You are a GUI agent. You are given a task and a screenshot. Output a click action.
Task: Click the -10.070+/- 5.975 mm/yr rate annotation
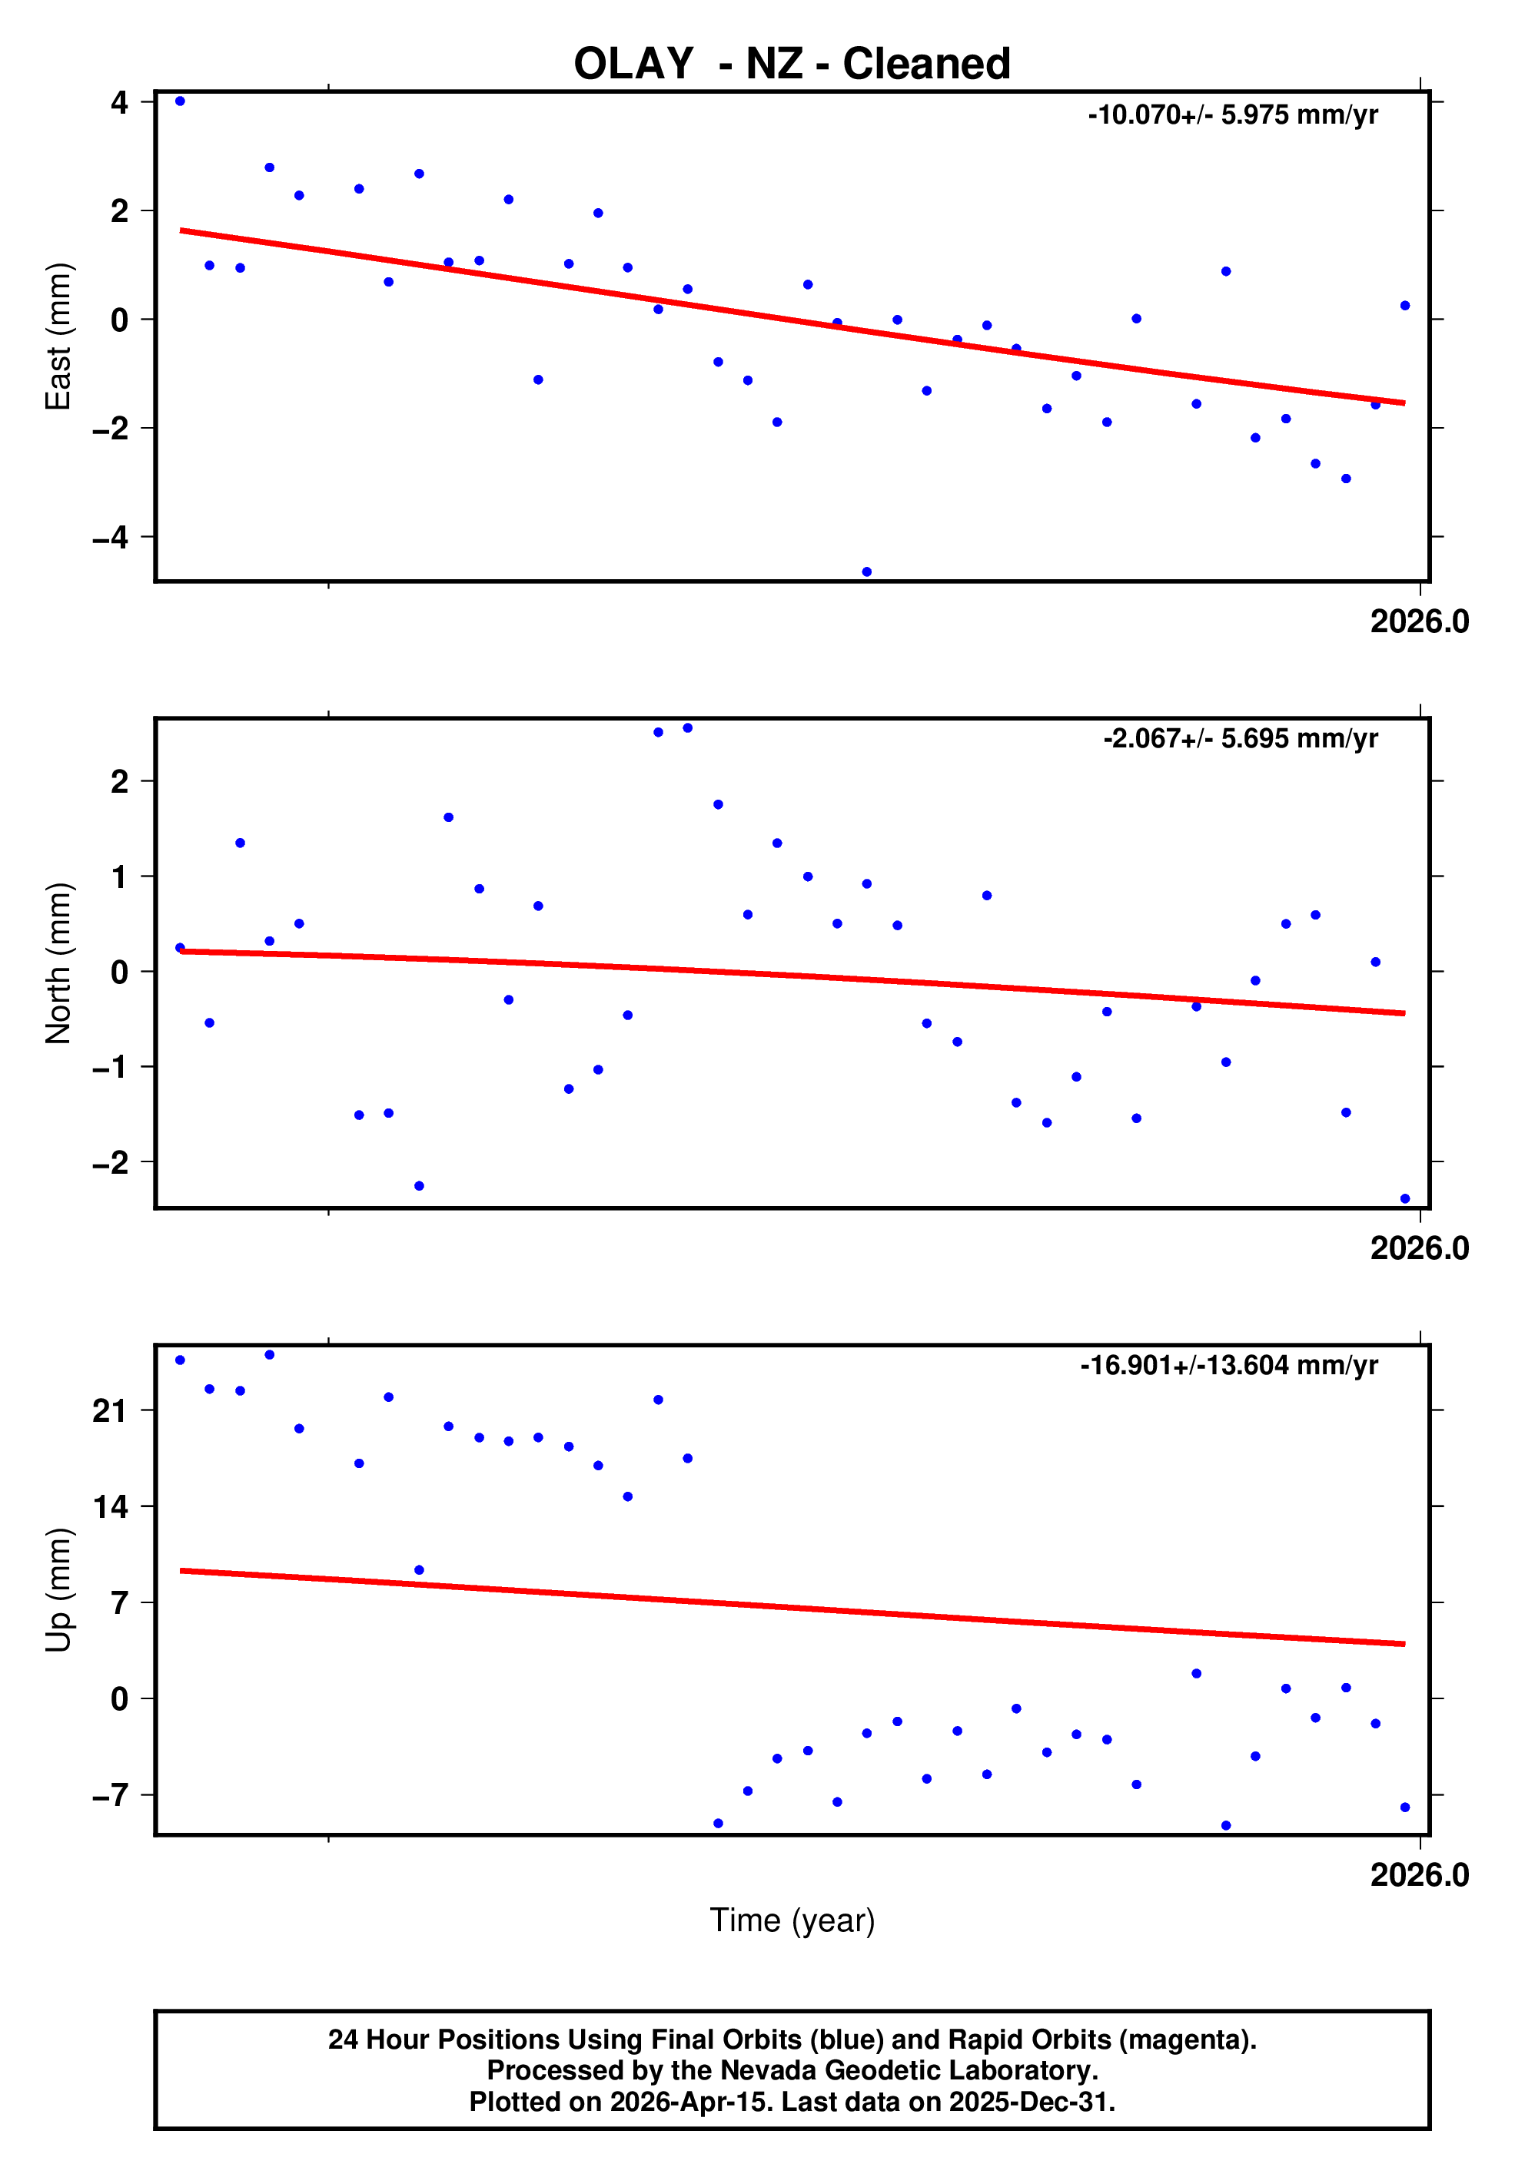pyautogui.click(x=1231, y=114)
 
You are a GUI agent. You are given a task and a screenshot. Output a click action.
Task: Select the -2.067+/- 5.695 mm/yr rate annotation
pyautogui.click(x=1239, y=739)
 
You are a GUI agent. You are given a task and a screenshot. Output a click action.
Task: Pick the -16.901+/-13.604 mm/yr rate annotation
pyautogui.click(x=1228, y=1365)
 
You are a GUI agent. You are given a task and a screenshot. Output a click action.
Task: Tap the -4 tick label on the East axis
pyautogui.click(x=110, y=538)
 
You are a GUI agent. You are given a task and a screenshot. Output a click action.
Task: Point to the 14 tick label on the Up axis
pyautogui.click(x=110, y=1506)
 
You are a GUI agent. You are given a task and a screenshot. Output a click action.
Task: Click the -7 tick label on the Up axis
pyautogui.click(x=110, y=1795)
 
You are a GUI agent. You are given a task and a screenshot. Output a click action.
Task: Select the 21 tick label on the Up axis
pyautogui.click(x=110, y=1411)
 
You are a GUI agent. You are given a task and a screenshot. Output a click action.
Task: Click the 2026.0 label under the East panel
pyautogui.click(x=1418, y=622)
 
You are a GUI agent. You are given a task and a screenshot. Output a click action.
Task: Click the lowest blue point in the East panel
pyautogui.click(x=866, y=572)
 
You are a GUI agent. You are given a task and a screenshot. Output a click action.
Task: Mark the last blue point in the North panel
pyautogui.click(x=1404, y=1198)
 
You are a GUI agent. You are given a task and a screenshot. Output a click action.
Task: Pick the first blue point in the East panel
pyautogui.click(x=180, y=101)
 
